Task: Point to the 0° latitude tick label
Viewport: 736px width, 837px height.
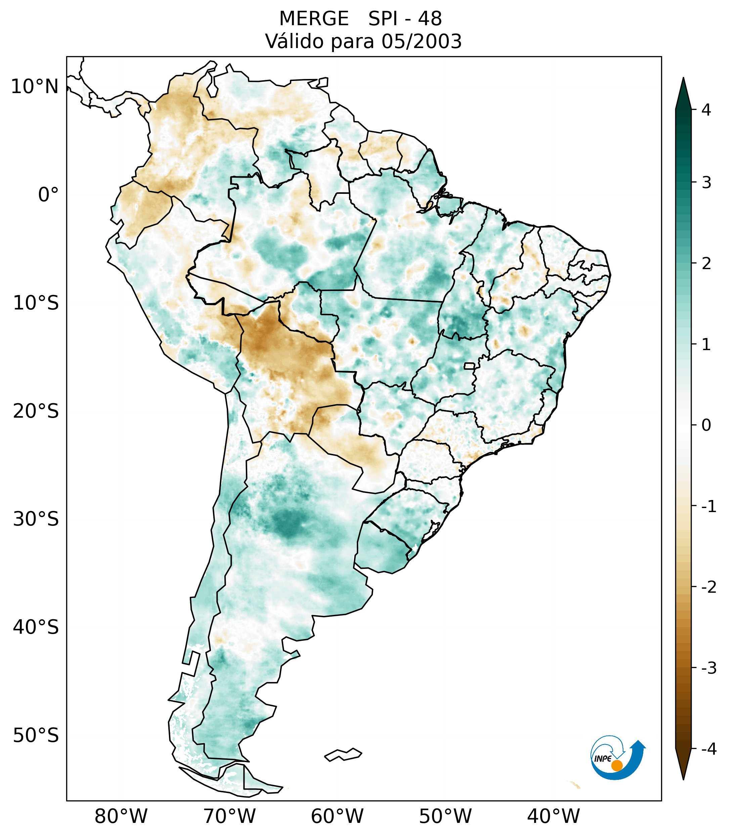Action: tap(48, 195)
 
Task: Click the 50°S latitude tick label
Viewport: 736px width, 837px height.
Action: tap(36, 736)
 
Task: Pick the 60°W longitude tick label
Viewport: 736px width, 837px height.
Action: tap(337, 816)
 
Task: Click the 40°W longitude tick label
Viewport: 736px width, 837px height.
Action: tap(554, 816)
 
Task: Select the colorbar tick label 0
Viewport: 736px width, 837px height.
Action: tap(706, 425)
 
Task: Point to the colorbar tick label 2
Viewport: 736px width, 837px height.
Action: tap(706, 264)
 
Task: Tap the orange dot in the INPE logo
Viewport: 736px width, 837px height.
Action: tap(616, 765)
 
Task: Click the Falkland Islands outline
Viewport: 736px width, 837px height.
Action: tap(343, 754)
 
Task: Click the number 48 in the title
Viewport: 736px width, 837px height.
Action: tap(430, 19)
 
